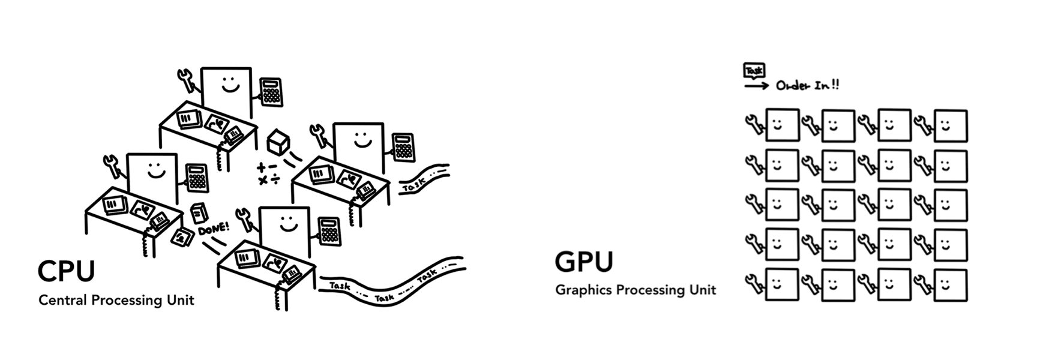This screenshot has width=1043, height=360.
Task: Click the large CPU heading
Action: coord(66,271)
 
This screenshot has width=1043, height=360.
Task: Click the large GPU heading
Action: coord(584,262)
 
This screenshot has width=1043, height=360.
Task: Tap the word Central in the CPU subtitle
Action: coord(62,300)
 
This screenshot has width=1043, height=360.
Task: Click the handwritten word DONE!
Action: coord(212,229)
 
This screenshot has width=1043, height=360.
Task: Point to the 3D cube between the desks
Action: coord(277,142)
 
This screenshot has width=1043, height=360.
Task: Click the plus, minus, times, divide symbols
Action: coord(268,173)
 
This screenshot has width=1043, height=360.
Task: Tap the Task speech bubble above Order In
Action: coord(754,71)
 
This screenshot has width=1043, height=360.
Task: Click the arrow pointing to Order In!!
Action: coord(756,86)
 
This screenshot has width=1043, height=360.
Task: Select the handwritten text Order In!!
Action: coord(807,85)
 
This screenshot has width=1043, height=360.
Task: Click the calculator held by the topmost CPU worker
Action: coord(271,92)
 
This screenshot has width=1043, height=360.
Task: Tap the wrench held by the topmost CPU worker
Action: coord(188,80)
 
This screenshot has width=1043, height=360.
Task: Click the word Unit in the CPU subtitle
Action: coord(181,300)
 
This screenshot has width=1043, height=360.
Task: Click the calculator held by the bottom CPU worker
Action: coord(329,231)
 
